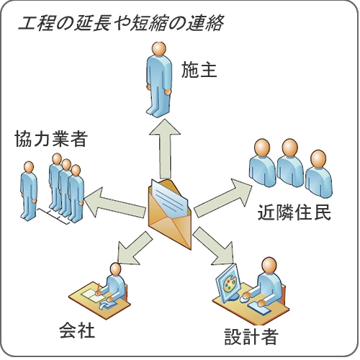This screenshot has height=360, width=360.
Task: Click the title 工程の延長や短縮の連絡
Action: point(121,23)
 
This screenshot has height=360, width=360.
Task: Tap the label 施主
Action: point(199,70)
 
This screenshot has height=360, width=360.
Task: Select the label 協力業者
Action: point(50,139)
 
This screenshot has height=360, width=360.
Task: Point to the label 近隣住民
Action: point(294,212)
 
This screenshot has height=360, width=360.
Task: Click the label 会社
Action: point(77,330)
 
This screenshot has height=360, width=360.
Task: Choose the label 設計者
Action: point(251,336)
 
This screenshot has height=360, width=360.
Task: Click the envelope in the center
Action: point(170,215)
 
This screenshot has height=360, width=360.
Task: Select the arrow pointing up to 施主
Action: point(165,149)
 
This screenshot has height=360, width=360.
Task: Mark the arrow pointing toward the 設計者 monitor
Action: point(213,246)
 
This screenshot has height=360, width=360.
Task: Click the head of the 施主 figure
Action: point(159,49)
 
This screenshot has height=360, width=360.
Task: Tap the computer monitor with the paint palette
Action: point(228,284)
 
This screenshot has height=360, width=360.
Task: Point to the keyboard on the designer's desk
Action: point(258,308)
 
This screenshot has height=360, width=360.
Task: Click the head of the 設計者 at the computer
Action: point(269,266)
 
